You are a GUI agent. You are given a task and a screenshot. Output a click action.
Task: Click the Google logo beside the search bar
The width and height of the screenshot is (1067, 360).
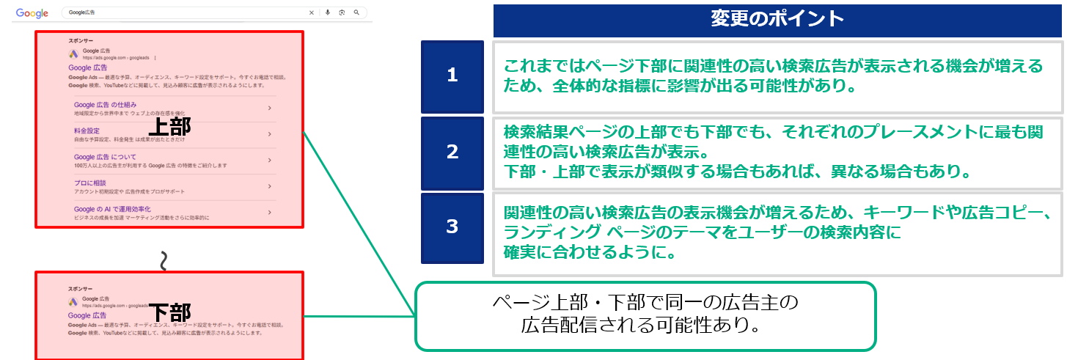pos(32,13)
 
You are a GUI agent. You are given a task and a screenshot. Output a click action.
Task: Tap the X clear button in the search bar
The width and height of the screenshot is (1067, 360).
pos(311,12)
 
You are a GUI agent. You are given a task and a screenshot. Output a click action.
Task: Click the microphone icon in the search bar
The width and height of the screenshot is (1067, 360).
pos(327,12)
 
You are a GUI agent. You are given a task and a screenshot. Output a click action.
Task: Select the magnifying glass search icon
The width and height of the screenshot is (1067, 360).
pos(356,12)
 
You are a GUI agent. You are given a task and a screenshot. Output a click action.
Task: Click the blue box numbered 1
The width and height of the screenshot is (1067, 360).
pos(452,75)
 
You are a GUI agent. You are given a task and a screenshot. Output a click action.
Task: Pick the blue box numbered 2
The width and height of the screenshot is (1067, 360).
pos(452,152)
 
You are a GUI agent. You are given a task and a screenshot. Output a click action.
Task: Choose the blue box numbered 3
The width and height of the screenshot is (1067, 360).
pos(452,227)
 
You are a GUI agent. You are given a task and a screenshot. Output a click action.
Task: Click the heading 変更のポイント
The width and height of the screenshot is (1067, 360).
pos(777,19)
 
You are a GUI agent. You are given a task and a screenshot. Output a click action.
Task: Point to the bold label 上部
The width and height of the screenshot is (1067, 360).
pos(169,127)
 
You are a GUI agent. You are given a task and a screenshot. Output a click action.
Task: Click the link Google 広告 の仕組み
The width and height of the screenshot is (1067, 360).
pos(106,106)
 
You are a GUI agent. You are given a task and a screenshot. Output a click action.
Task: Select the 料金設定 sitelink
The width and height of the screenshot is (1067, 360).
pos(87,131)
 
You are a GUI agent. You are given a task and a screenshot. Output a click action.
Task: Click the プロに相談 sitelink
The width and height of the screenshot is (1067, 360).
pos(90,183)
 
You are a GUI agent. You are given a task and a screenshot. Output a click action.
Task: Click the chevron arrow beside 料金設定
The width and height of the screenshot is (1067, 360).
pos(270,134)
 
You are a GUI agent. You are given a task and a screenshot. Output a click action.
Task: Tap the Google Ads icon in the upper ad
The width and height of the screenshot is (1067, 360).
pos(73,54)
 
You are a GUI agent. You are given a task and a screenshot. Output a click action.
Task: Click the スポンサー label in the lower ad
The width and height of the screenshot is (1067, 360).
pos(80,289)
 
